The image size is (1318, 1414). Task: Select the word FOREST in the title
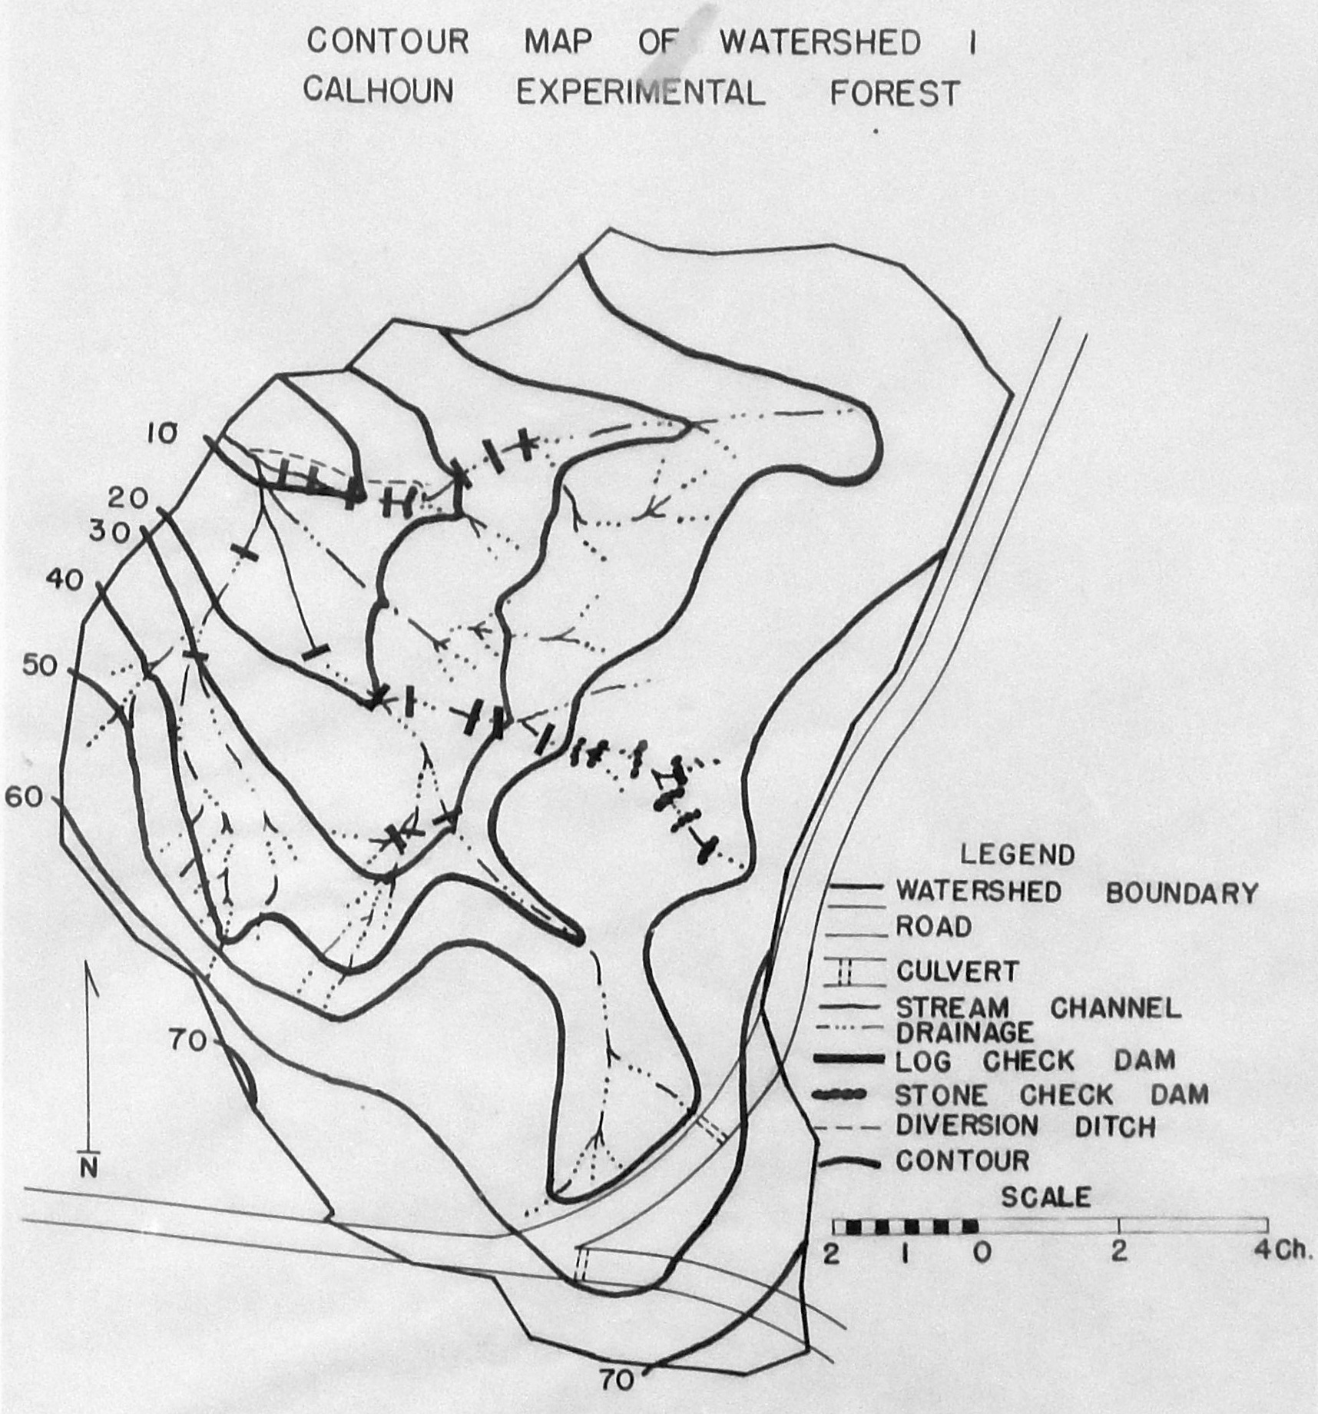[x=895, y=94]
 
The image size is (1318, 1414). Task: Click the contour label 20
[x=127, y=499]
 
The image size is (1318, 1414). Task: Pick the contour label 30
[x=110, y=532]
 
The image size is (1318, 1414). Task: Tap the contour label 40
[x=64, y=580]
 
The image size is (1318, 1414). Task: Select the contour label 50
[x=40, y=665]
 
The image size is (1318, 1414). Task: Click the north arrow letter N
[x=90, y=1170]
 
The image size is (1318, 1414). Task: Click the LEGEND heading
[x=1017, y=855]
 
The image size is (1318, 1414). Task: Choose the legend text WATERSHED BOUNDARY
[x=1077, y=892]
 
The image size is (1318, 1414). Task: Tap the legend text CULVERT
[x=957, y=972]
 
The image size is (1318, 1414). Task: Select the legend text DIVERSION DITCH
[x=1025, y=1127]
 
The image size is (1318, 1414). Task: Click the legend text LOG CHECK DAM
[x=1035, y=1061]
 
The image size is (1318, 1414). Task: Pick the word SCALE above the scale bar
[x=1045, y=1197]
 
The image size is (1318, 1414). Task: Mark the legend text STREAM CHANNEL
[x=1038, y=1007]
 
